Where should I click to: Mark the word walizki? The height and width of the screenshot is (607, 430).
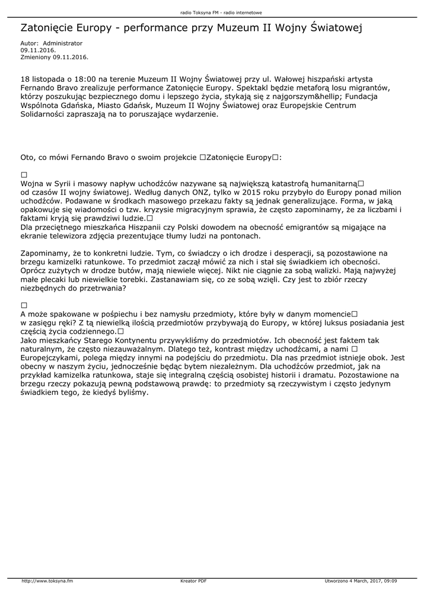(328, 271)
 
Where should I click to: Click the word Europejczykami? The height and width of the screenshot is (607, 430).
(49, 358)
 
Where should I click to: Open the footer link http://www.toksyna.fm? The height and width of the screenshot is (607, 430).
(47, 581)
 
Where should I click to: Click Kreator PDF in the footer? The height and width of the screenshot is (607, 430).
(193, 581)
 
